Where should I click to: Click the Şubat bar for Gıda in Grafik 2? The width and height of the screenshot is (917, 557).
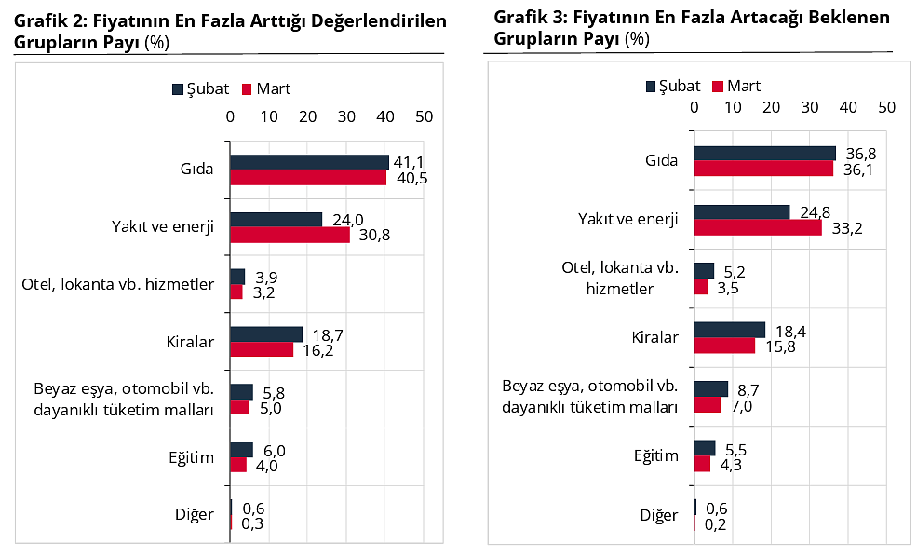[309, 162]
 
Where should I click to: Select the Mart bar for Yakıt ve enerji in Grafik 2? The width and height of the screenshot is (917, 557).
[290, 235]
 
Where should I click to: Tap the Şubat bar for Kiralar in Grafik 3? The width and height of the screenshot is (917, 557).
[729, 330]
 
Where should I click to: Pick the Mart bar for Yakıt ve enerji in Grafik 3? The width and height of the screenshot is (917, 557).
[758, 227]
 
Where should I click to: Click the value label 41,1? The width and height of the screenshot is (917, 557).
[409, 162]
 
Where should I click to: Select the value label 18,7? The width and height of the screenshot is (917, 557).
[322, 333]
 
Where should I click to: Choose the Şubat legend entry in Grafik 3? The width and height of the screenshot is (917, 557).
[672, 86]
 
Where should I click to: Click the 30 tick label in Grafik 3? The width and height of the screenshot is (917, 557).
[809, 107]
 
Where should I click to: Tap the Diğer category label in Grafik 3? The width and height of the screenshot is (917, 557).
[658, 515]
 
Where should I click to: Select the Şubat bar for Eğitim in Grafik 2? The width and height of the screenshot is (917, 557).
[241, 450]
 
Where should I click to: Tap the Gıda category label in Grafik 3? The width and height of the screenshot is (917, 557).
[662, 160]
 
